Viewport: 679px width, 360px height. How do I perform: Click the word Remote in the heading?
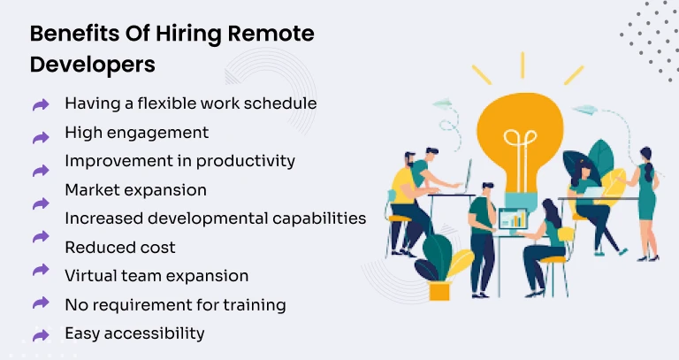(272, 34)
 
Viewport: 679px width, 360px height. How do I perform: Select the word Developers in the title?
(93, 65)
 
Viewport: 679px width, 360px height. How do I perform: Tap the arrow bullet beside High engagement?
(41, 137)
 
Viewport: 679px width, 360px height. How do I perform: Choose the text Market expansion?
(135, 189)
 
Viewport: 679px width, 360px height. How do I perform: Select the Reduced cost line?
(120, 247)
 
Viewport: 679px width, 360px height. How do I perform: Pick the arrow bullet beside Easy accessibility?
(41, 335)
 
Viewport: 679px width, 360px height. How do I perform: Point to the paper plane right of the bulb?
(586, 111)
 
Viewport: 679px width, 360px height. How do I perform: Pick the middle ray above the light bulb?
(523, 63)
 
